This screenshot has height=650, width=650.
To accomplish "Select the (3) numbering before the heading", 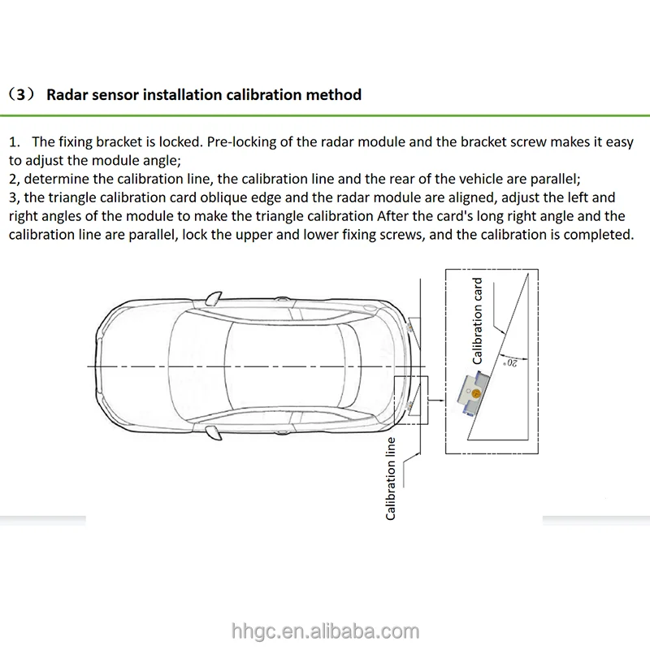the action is click(x=20, y=95).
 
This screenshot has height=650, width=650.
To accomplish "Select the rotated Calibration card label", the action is click(x=478, y=321).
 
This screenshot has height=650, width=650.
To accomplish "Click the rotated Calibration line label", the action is click(x=391, y=479).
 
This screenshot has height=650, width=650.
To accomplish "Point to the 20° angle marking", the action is click(x=511, y=363).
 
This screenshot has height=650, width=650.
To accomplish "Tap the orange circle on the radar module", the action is click(x=476, y=393).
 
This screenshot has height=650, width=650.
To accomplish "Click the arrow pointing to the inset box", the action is click(x=435, y=400).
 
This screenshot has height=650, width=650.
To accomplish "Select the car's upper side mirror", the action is click(x=214, y=297).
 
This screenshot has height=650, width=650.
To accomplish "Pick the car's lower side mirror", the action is click(x=214, y=433).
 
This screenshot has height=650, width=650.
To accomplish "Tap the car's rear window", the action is click(x=349, y=366).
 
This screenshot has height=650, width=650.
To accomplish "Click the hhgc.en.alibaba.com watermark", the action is click(x=326, y=631).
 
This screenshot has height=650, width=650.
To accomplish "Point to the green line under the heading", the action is click(x=325, y=115).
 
